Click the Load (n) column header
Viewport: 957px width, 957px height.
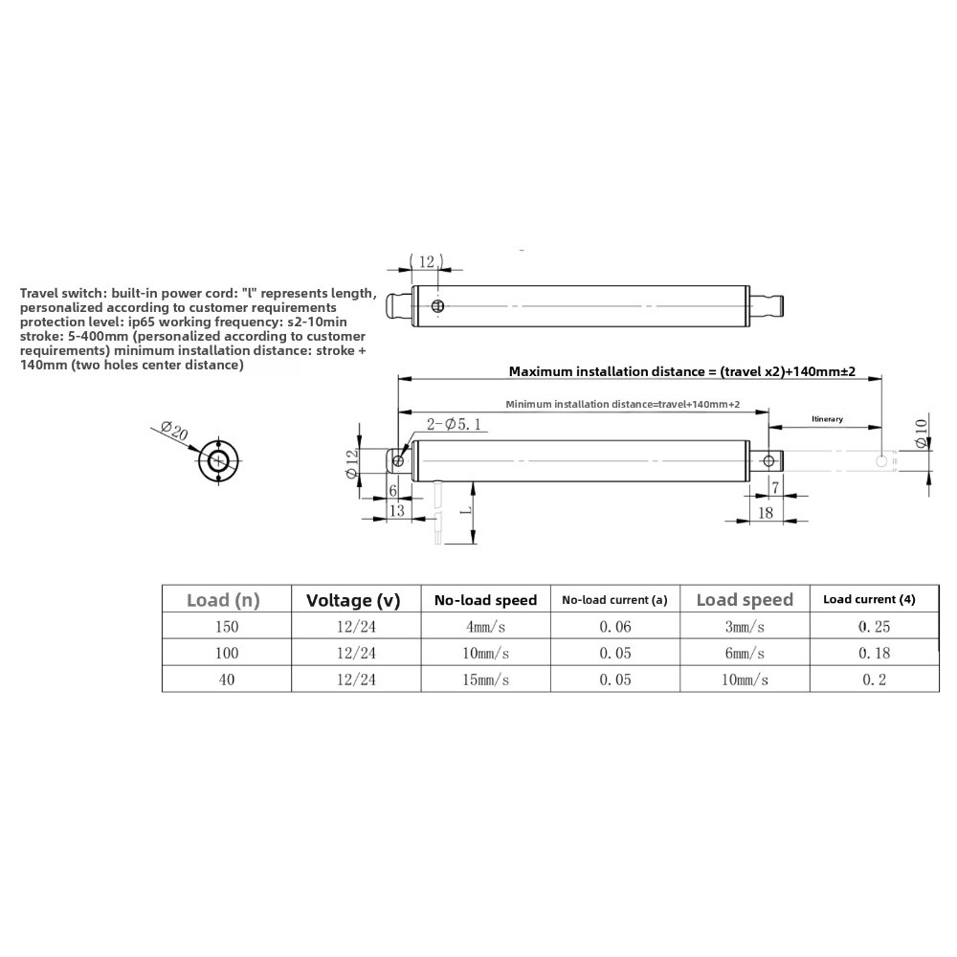pos(223,600)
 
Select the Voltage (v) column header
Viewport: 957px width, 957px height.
pos(353,601)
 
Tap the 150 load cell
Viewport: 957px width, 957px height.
pos(227,627)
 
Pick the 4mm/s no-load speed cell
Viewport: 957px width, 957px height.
pos(485,627)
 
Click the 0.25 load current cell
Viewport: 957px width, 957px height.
pos(874,627)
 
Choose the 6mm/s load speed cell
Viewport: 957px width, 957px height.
pos(745,654)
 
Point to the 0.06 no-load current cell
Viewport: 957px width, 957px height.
pos(614,627)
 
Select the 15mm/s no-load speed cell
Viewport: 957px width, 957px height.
pos(485,679)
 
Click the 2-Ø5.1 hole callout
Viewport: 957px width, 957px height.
pos(454,424)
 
